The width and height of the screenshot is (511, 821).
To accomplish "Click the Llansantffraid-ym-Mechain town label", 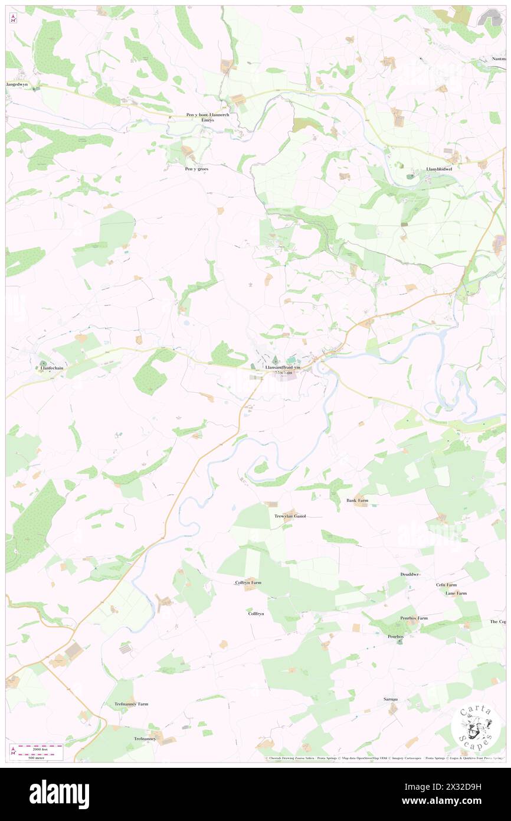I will coord(279,370).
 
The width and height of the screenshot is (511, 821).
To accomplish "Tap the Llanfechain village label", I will coord(52,367).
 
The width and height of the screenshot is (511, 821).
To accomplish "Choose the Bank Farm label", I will coord(357,500).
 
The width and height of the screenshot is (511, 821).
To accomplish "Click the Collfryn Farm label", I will coord(248,582).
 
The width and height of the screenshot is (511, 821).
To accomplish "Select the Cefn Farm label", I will coord(446,585).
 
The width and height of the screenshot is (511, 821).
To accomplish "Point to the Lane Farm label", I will coord(456,593).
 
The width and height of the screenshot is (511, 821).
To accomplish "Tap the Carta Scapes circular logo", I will coord(476,727).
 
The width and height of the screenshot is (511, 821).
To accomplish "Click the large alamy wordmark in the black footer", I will coord(59,794).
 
